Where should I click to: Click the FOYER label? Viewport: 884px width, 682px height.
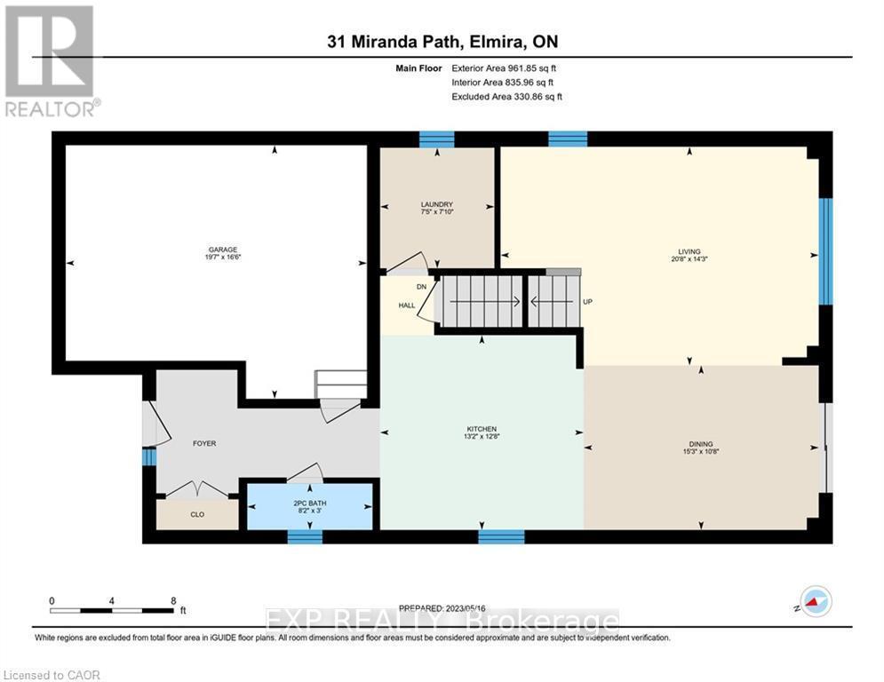[x=204, y=443]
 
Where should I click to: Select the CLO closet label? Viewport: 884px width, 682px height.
[x=196, y=514]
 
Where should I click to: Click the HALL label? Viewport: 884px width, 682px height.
[x=406, y=305]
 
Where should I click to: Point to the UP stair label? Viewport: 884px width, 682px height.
[x=587, y=302]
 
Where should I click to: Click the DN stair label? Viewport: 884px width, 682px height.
[x=421, y=287]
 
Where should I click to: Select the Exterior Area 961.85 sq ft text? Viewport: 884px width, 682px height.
[x=504, y=68]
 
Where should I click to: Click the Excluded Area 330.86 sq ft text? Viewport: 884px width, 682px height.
[x=506, y=97]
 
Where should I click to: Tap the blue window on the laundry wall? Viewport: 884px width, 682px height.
[x=436, y=139]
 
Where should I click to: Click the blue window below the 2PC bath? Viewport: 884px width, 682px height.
[x=305, y=535]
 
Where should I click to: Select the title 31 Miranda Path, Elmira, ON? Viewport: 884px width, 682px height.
[x=441, y=42]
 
